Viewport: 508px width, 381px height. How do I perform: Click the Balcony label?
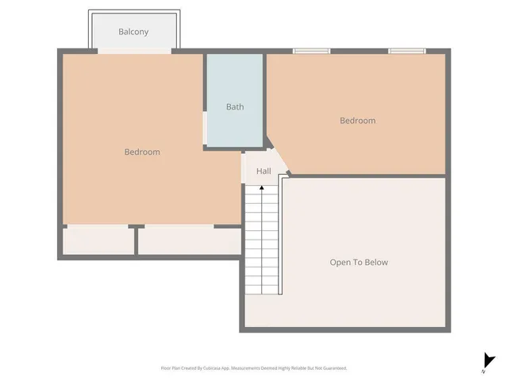(x=133, y=32)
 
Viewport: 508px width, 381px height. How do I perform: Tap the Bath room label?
(x=235, y=106)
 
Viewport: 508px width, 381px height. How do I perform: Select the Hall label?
(x=264, y=171)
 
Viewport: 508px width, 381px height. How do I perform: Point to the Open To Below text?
(x=359, y=262)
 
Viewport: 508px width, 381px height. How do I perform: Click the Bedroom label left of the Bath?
(x=142, y=152)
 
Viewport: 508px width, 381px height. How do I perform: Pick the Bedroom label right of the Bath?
(x=357, y=121)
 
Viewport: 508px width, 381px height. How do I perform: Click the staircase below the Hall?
(x=261, y=238)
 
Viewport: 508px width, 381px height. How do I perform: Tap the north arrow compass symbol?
(x=489, y=360)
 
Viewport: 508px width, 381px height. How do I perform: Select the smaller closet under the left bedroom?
(x=98, y=241)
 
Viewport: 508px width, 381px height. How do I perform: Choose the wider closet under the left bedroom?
(x=189, y=241)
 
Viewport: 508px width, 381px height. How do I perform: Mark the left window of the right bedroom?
(x=311, y=52)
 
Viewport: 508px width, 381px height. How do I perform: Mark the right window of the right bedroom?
(x=406, y=52)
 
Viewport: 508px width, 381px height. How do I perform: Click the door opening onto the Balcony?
(x=133, y=52)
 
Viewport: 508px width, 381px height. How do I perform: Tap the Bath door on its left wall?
(x=206, y=127)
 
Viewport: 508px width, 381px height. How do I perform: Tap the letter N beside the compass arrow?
(x=483, y=371)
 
